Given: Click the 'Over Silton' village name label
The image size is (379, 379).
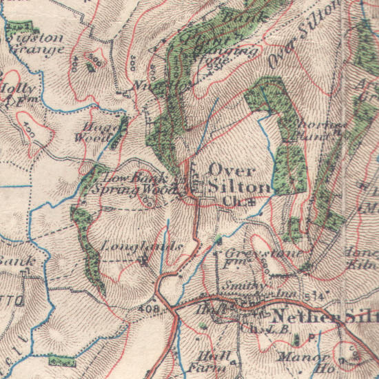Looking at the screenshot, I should pyautogui.click(x=232, y=178).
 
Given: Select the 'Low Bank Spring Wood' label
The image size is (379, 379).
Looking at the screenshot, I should pyautogui.click(x=129, y=183).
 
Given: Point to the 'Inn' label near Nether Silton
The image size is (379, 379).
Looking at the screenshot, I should pyautogui.click(x=285, y=294).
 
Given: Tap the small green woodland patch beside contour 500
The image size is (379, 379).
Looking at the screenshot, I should pyautogui.click(x=90, y=67).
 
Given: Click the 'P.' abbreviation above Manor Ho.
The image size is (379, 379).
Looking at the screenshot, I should pyautogui.click(x=311, y=339).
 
